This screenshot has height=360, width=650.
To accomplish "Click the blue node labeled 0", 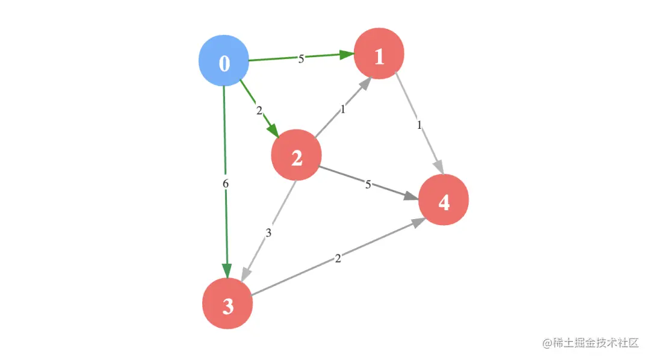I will click(224, 62).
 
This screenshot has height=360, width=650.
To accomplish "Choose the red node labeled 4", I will click(444, 201).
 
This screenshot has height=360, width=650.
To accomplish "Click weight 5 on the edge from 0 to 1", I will click(301, 58).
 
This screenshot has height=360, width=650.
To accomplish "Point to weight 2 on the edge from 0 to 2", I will click(259, 110).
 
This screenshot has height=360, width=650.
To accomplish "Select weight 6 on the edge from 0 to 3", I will click(226, 183).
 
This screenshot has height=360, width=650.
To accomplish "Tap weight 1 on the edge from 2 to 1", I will click(342, 110).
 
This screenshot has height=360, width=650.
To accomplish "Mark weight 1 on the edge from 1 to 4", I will click(419, 125).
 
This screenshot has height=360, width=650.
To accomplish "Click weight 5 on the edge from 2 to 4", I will click(368, 184).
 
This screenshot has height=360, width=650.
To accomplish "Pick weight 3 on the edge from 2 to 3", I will click(268, 233).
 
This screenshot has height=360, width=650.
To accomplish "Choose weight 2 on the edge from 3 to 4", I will click(338, 259).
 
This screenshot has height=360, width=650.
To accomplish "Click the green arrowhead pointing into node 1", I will click(347, 55).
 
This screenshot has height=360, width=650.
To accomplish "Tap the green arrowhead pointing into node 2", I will click(273, 131).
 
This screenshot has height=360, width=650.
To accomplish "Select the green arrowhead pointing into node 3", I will click(227, 272).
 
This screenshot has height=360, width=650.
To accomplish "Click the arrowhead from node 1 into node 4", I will click(439, 167).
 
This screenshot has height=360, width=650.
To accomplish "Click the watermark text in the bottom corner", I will click(590, 343).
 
